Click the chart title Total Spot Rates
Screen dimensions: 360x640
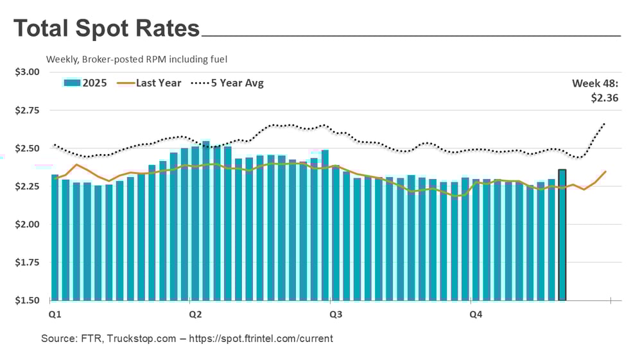(107, 28)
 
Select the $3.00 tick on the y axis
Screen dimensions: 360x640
(27, 71)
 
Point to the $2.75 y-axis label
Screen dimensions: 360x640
(27, 110)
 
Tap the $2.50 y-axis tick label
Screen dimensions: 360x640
(27, 148)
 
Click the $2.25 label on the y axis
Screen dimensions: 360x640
(27, 187)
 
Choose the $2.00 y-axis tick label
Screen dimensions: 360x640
(27, 225)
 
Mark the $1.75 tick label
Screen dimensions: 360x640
(27, 262)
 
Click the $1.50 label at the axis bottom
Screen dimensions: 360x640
(27, 300)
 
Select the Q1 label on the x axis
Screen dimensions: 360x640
(55, 314)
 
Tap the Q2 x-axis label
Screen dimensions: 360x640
(195, 314)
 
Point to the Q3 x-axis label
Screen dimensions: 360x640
(335, 314)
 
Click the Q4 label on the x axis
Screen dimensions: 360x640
(475, 314)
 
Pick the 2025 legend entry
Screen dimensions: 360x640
(85, 83)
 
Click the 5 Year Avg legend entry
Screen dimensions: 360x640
(228, 83)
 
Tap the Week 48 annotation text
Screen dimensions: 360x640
(595, 83)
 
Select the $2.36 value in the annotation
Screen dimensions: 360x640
(604, 98)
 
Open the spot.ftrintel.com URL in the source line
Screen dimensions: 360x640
(259, 338)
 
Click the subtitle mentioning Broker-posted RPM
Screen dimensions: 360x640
(137, 59)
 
